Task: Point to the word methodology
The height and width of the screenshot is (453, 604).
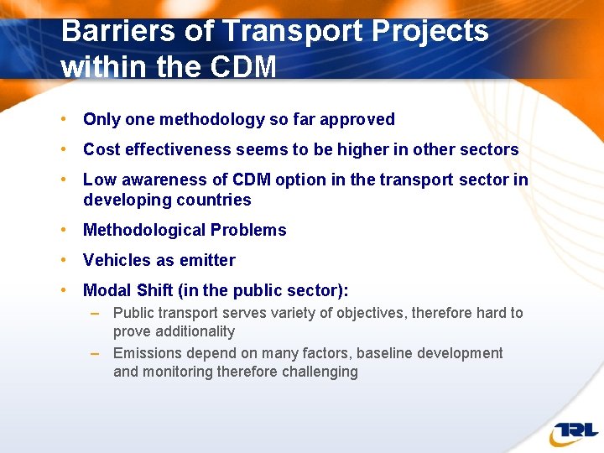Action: click(x=215, y=120)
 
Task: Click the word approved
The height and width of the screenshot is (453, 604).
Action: click(x=362, y=120)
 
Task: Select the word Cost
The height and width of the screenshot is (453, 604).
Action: click(x=100, y=150)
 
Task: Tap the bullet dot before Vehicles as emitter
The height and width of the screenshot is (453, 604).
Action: click(x=65, y=261)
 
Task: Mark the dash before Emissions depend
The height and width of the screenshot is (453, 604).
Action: click(x=96, y=353)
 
